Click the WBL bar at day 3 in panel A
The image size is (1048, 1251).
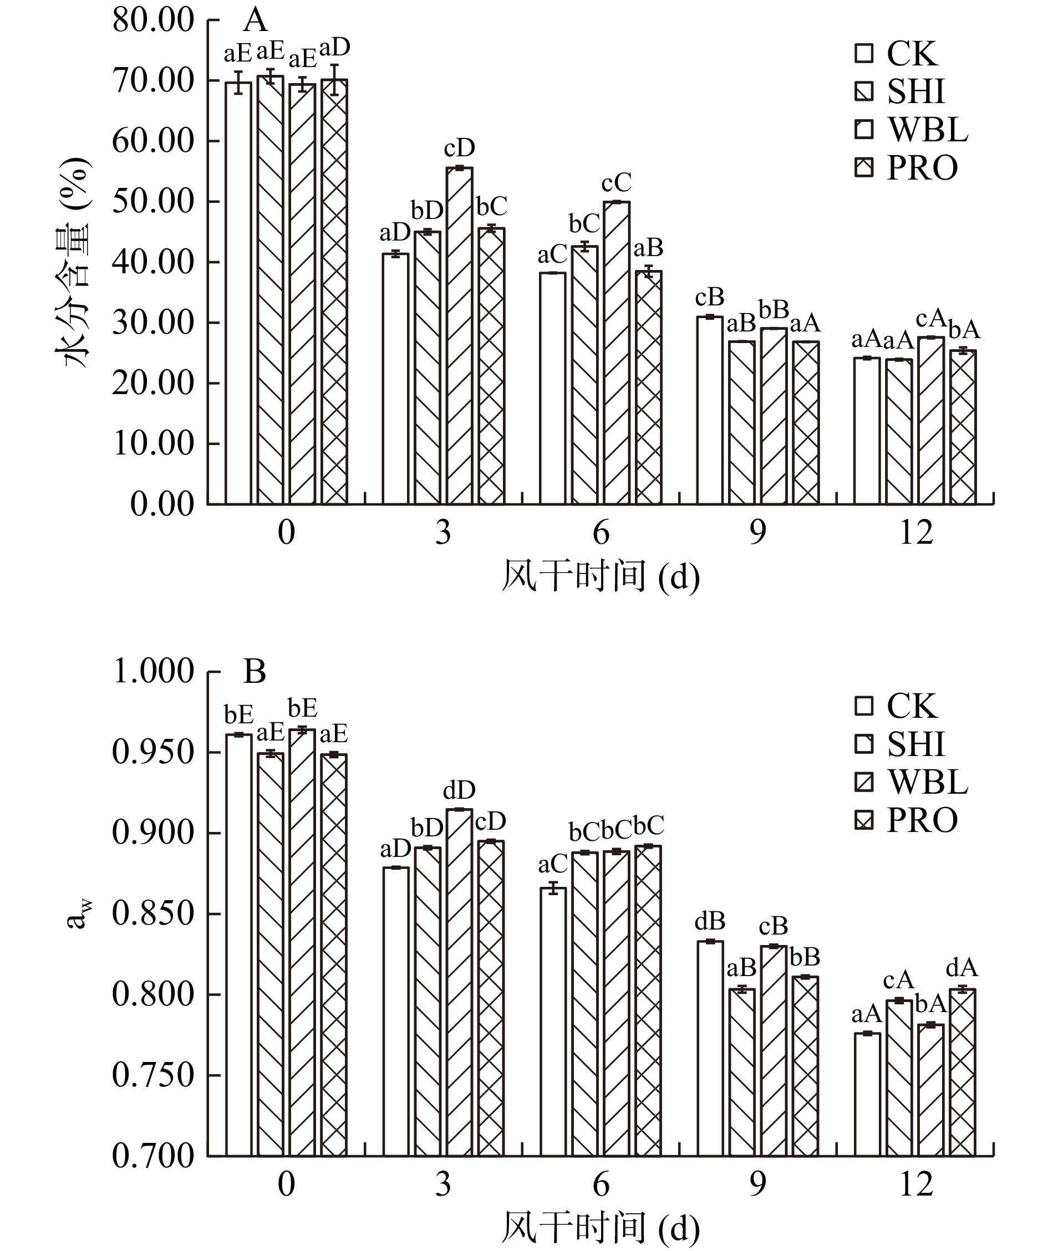(459, 336)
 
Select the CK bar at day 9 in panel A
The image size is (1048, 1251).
(710, 411)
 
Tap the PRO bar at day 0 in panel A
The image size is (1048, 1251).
(334, 292)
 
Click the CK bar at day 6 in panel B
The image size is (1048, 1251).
(553, 1022)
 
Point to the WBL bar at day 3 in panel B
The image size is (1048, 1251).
(459, 983)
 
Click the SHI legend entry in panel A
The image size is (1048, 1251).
(899, 91)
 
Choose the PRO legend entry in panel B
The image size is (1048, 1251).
(905, 821)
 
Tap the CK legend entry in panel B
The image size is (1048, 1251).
(897, 706)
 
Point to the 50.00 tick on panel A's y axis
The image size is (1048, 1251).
(154, 201)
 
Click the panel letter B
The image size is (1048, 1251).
(255, 672)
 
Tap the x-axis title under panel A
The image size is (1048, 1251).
(601, 576)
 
